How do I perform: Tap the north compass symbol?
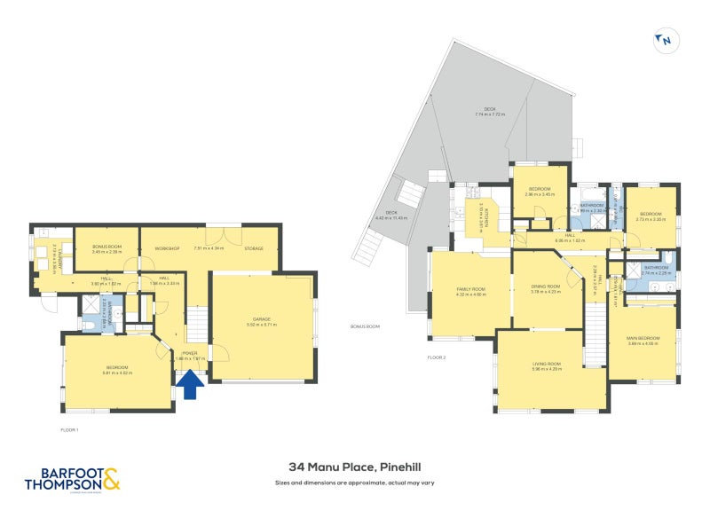[667, 39]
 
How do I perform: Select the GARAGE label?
[261, 319]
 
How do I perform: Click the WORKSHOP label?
[167, 248]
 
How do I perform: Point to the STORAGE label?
[253, 248]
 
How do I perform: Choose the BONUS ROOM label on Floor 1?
[106, 246]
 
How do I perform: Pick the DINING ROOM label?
[545, 286]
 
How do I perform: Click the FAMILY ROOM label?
[470, 289]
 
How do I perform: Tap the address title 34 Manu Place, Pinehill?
[355, 466]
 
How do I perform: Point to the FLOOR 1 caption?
[70, 429]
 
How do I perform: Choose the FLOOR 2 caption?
[436, 357]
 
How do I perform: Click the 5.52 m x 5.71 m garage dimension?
[261, 326]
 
